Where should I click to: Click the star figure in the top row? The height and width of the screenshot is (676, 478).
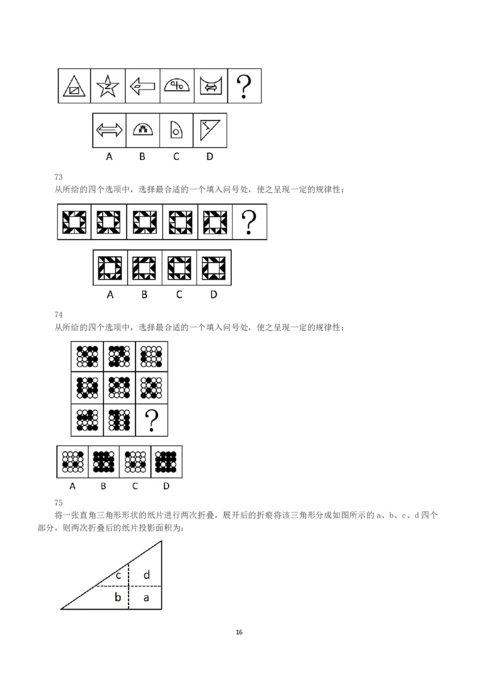click(108, 86)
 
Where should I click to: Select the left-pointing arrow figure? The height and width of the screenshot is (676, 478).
click(142, 86)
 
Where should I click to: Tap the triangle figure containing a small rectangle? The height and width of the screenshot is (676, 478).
click(74, 86)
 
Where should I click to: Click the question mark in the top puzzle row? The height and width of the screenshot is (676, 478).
click(244, 86)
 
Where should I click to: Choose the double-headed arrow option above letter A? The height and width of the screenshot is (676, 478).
click(109, 130)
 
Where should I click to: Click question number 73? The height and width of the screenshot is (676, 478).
click(59, 177)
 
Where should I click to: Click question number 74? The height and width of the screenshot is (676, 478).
click(59, 315)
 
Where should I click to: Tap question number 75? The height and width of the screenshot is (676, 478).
click(59, 503)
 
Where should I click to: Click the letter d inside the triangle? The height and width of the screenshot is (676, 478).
click(146, 574)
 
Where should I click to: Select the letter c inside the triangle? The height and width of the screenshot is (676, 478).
click(118, 576)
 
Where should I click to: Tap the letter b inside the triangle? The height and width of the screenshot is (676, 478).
click(117, 597)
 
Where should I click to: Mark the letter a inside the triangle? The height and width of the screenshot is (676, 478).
click(146, 598)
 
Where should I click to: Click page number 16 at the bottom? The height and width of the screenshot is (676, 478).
click(239, 632)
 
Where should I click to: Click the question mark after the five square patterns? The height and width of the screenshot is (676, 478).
click(249, 222)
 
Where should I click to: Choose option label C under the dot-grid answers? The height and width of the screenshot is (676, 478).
click(135, 486)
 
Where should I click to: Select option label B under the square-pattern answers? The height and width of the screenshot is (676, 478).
click(144, 294)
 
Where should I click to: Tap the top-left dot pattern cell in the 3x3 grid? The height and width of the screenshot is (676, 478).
click(87, 357)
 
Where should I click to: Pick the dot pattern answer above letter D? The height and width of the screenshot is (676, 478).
click(166, 462)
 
